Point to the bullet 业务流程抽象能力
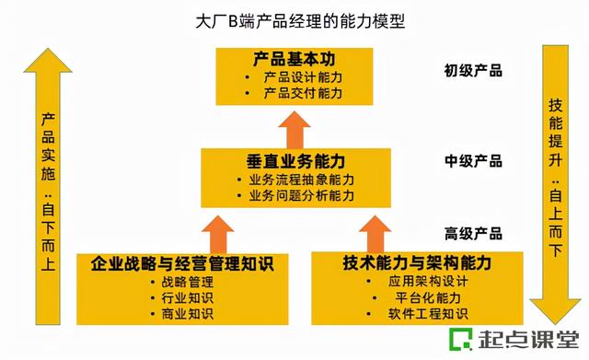[x=302, y=180]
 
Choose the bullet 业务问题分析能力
[x=302, y=196]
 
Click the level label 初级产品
[x=473, y=71]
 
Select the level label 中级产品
[x=473, y=161]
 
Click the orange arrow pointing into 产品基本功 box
[x=295, y=125]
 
